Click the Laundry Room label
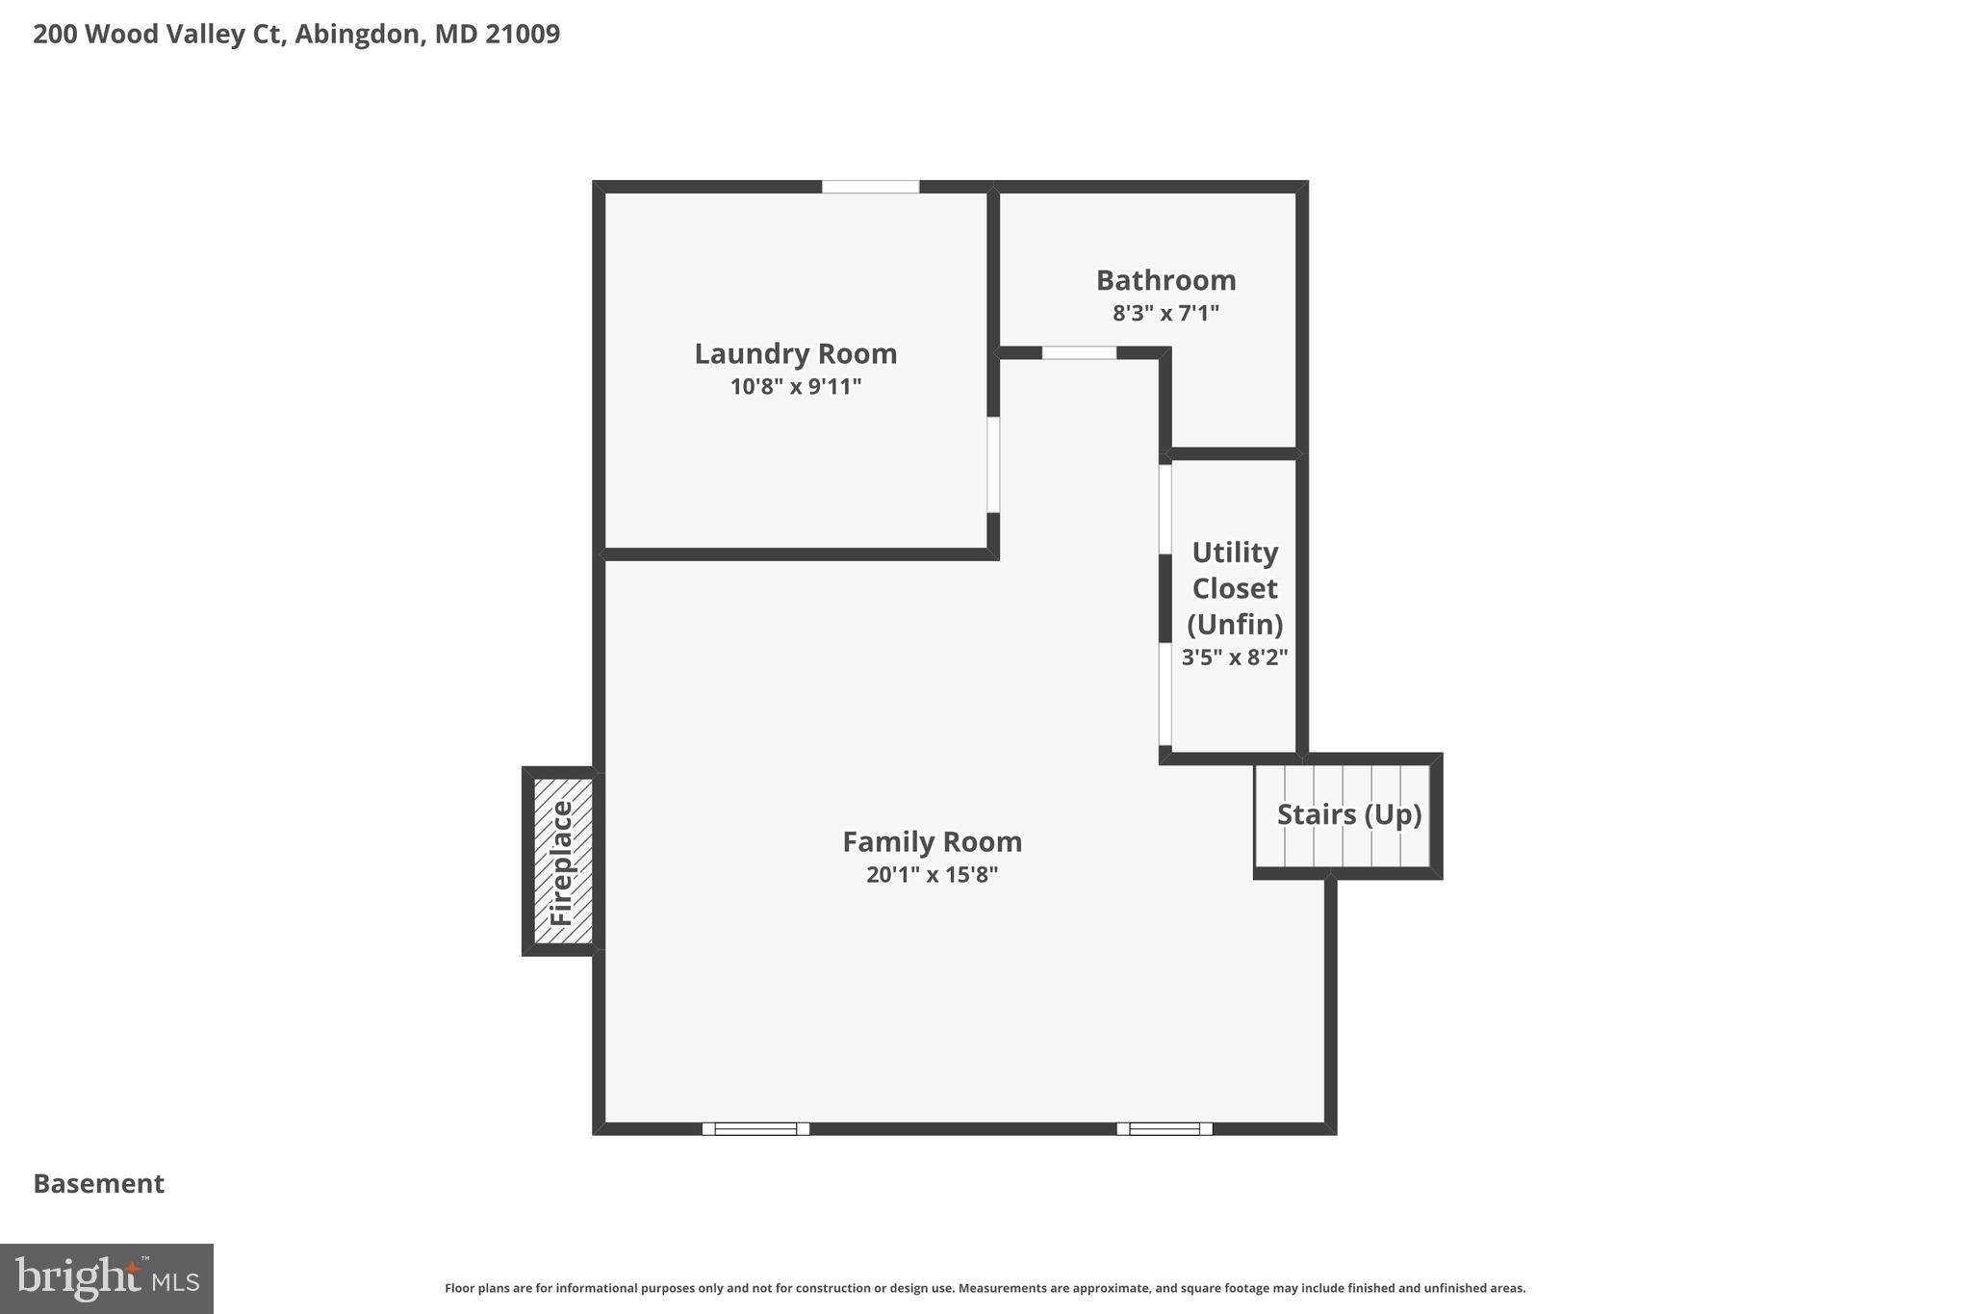coord(795,353)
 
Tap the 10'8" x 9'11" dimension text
coord(795,387)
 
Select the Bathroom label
coord(1165,280)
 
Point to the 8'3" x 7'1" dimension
coord(1165,313)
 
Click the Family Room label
coord(932,841)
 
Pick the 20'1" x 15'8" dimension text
coord(932,875)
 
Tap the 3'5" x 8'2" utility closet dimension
coord(1234,657)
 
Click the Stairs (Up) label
coord(1348,814)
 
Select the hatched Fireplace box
coord(561,862)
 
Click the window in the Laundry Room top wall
coord(870,187)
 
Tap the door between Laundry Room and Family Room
coord(993,464)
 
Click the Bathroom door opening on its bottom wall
coord(1079,353)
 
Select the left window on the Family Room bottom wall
coord(755,1128)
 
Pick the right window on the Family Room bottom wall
coord(1164,1128)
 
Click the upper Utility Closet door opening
coord(1165,509)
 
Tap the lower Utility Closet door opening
coord(1165,693)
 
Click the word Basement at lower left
coord(98,1183)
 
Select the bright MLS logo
coord(106,1278)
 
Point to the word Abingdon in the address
coord(358,34)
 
